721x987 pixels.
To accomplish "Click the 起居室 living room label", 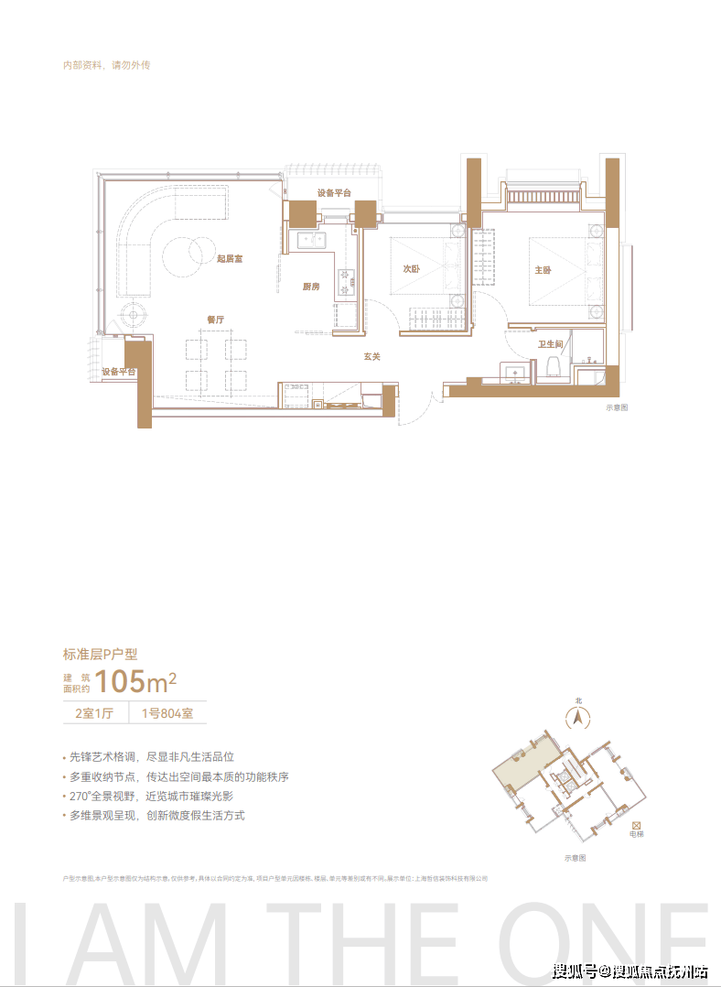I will point(230,259).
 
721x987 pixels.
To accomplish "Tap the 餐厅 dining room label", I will point(215,320).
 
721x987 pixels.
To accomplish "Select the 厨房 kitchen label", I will point(311,287).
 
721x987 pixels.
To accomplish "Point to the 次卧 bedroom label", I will point(411,269).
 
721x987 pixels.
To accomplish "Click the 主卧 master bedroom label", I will point(543,270).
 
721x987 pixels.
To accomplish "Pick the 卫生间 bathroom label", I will point(550,344).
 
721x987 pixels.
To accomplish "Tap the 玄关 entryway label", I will point(371,356).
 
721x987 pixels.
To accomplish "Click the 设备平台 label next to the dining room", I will point(119,372).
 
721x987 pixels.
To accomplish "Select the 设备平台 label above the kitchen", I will point(334,192).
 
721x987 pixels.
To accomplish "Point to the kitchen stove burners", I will point(346,281).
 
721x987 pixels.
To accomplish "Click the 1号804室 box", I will point(167,712).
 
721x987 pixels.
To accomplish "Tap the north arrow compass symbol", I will point(578,719).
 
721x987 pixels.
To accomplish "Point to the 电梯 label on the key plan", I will point(636,834).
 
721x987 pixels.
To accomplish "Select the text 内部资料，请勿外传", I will point(105,66).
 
